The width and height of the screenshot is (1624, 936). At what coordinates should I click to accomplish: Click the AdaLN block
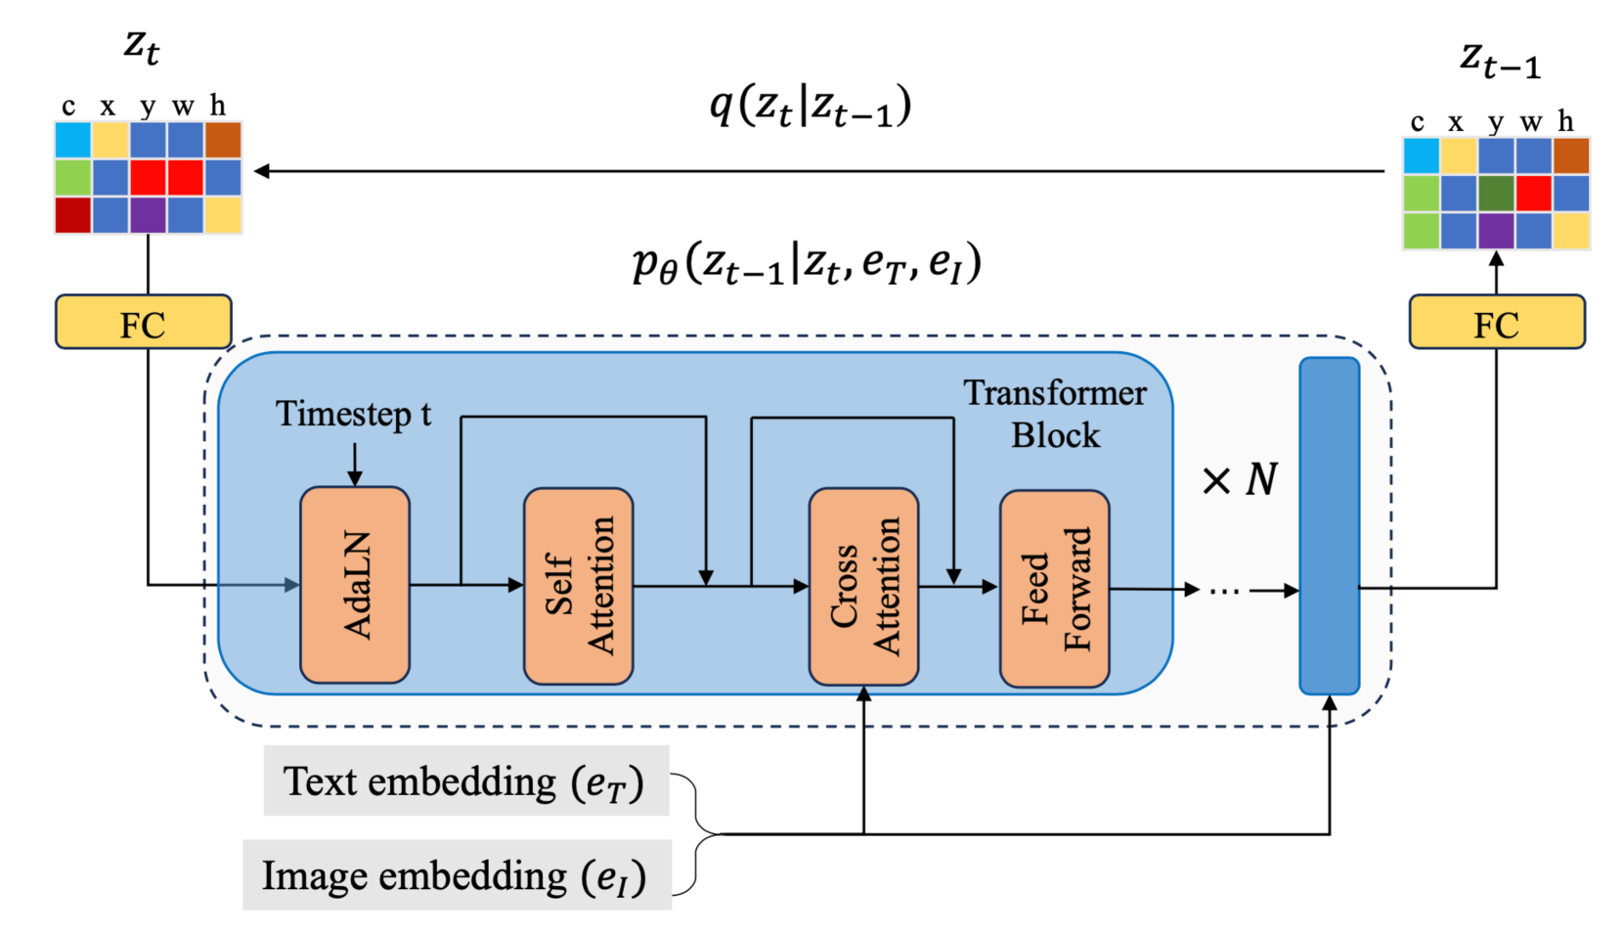355,584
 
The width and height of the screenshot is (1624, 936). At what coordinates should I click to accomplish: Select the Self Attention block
579,586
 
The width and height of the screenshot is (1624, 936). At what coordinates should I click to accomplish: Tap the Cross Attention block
863,586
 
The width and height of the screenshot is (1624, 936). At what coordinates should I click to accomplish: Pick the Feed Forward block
1054,588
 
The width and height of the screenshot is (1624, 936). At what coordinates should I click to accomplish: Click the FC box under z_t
144,322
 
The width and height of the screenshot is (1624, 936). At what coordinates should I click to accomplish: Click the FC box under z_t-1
1497,322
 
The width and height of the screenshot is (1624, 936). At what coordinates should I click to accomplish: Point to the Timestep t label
353,414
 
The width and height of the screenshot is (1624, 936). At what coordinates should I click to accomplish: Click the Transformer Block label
1055,414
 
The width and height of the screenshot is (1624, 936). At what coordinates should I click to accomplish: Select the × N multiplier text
1240,479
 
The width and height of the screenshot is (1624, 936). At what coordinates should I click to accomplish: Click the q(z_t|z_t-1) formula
810,108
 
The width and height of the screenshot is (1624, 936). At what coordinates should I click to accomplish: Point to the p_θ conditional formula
807,264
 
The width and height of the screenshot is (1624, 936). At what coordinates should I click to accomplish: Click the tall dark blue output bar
1329,525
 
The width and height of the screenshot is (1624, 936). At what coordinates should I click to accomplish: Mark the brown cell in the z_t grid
223,140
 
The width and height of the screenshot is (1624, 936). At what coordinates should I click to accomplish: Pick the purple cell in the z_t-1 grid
1496,231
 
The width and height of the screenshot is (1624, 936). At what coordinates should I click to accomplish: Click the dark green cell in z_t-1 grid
1496,193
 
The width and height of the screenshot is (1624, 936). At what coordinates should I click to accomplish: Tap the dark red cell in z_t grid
73,215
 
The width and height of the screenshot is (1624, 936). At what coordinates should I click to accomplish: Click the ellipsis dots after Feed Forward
1224,593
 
